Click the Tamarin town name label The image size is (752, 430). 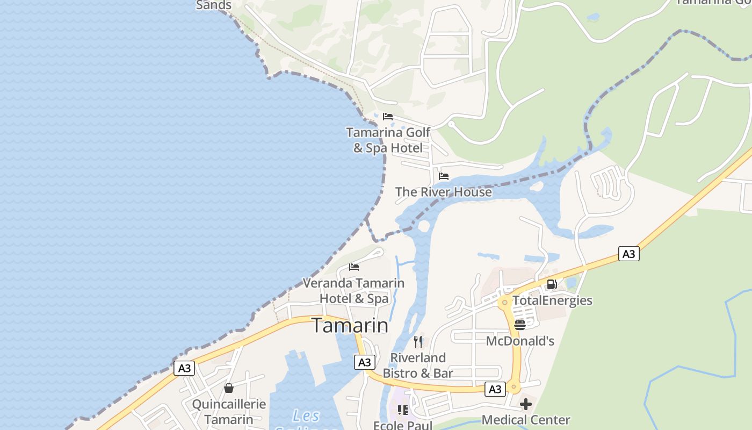pos(350,326)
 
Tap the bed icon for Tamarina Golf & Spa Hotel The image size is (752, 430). pos(388,117)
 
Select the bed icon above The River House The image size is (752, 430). pos(444,176)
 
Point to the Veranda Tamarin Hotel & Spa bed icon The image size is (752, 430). pos(354,267)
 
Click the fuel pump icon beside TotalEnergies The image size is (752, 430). pos(552,284)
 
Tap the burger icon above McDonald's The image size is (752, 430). pos(519,325)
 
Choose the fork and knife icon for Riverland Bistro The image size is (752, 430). pos(418,341)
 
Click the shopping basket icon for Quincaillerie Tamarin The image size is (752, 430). pos(229,388)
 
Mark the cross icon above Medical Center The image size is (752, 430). pos(526,404)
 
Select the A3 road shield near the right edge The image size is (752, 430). pos(628,254)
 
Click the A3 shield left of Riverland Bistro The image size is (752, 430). pos(364,362)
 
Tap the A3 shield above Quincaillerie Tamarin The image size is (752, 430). pos(184,368)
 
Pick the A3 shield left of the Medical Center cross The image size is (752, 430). pos(495,389)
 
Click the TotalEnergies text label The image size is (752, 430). pos(552,300)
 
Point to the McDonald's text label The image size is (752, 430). pos(520,341)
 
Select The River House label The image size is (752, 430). pos(443,192)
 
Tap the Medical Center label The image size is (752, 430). pos(526,420)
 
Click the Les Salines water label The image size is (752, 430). pos(306,417)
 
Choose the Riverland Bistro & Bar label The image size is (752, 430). pos(418,365)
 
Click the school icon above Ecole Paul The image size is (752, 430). pos(402,410)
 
